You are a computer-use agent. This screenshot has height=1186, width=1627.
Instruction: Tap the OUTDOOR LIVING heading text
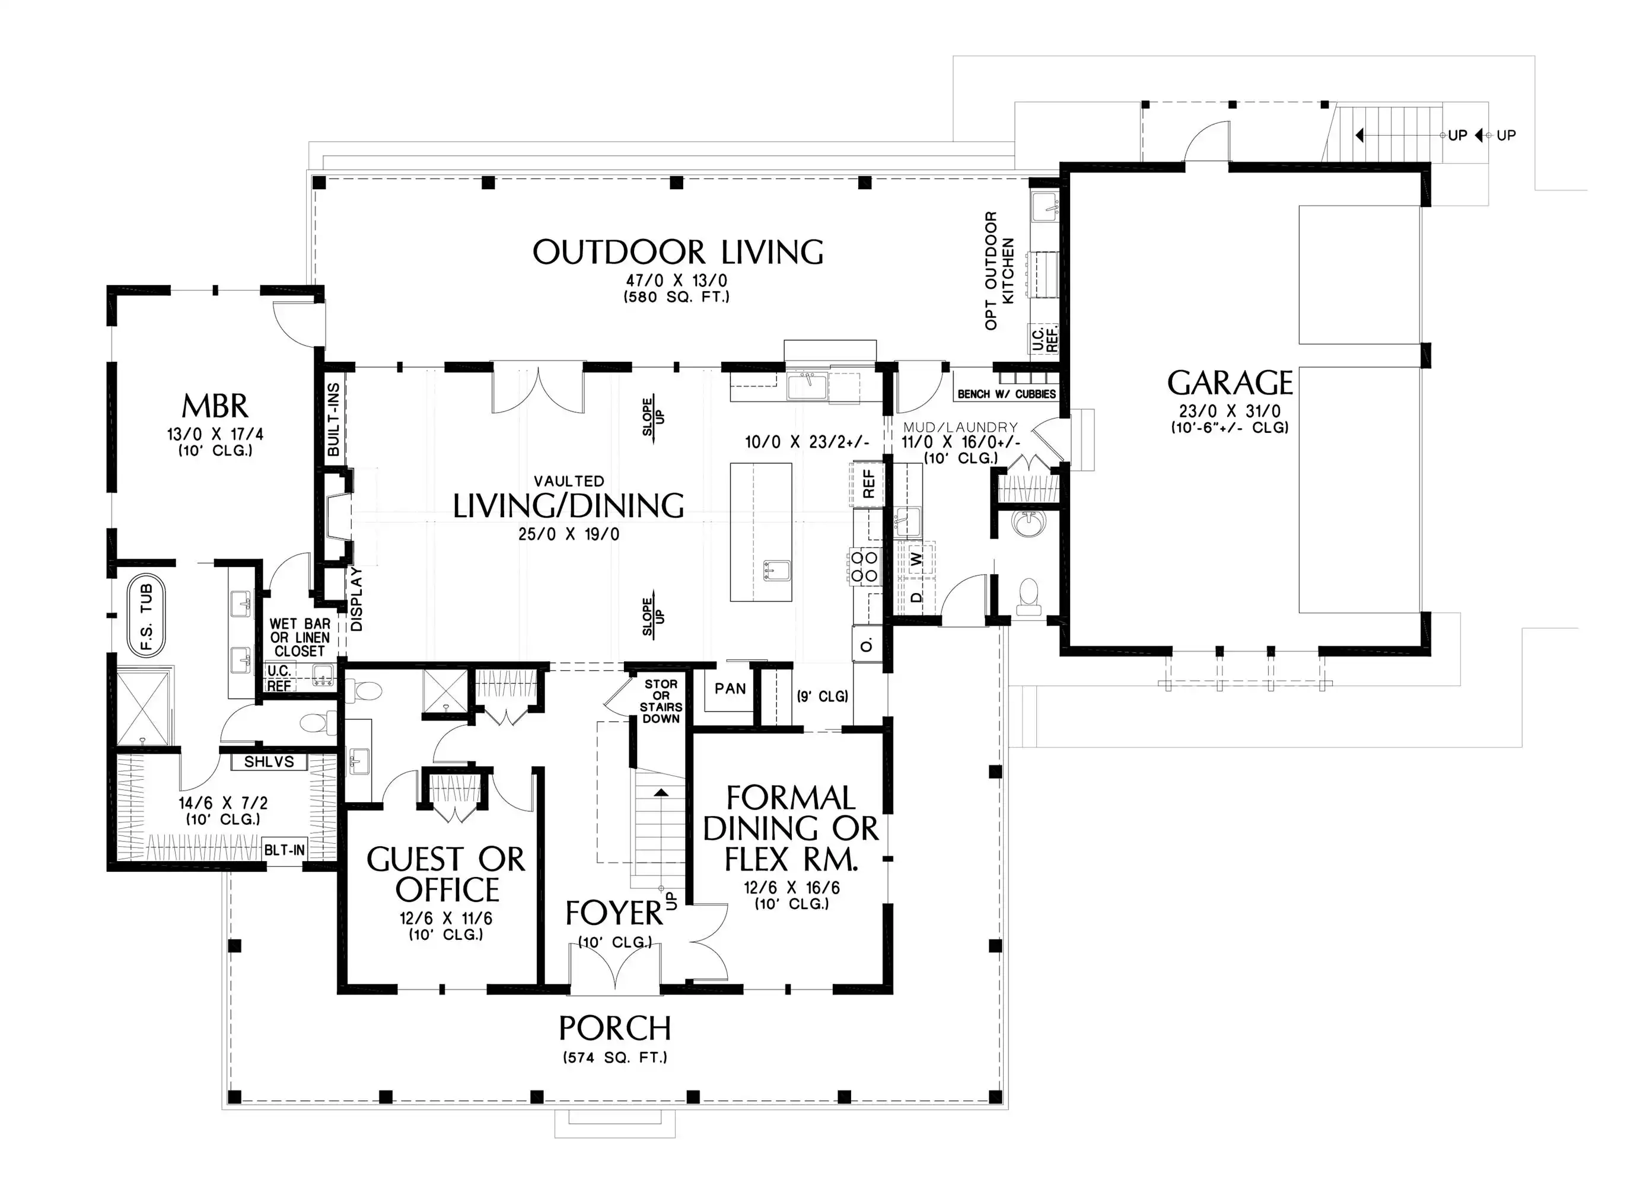click(x=678, y=252)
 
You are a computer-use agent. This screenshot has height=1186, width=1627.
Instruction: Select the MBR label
click(x=215, y=406)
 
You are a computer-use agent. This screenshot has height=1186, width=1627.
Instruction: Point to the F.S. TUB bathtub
click(x=147, y=617)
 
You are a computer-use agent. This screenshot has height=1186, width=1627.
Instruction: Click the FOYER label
click(x=614, y=913)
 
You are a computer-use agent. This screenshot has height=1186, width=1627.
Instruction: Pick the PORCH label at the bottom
click(x=614, y=1029)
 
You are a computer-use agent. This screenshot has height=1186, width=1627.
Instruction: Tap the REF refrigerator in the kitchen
click(x=867, y=484)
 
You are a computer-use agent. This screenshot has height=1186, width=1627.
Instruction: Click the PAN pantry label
click(x=730, y=688)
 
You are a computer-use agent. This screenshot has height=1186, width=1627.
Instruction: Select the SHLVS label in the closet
click(x=269, y=762)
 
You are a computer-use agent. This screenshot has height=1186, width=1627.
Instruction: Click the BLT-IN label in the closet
click(x=284, y=850)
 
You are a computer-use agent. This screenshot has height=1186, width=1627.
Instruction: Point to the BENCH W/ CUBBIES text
click(x=1007, y=394)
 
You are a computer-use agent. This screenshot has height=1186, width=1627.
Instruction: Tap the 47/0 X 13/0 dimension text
click(x=676, y=280)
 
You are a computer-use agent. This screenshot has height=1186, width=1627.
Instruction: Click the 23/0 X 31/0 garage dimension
click(x=1229, y=412)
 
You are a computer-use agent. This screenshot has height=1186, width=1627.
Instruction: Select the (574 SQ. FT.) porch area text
click(x=614, y=1057)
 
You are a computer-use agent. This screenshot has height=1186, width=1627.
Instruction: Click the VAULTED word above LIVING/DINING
click(x=569, y=481)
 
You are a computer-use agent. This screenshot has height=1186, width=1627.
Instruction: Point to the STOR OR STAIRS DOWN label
click(x=661, y=702)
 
